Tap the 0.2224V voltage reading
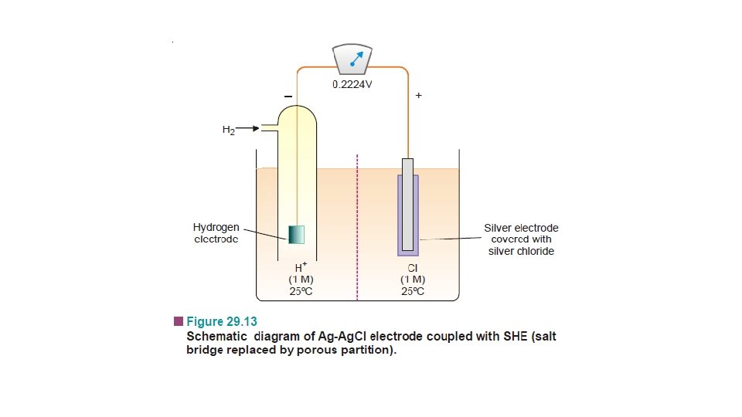[x=352, y=84]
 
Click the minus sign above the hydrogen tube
[x=288, y=96]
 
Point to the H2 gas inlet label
[x=229, y=130]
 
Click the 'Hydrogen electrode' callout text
[x=216, y=233]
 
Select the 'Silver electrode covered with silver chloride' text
[x=521, y=239]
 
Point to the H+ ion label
[x=301, y=268]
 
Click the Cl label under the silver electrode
[x=413, y=269]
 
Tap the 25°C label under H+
[x=301, y=291]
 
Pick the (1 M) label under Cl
[x=413, y=280]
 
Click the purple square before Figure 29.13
[x=179, y=320]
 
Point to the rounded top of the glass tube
[x=298, y=108]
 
